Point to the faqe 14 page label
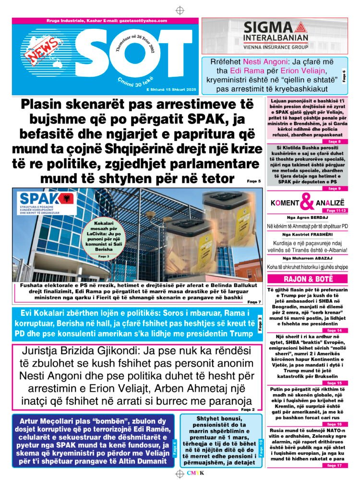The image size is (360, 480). [334, 331]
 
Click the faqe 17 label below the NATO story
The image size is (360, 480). [334, 465]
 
